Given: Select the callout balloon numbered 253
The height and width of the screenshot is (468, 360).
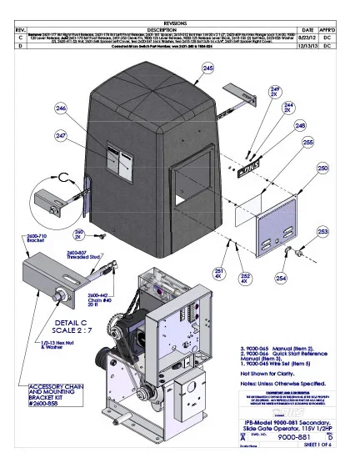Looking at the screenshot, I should tap(322, 231).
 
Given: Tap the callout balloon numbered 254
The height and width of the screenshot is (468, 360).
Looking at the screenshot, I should tap(281, 254).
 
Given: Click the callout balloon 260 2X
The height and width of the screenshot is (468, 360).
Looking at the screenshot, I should tap(79, 236).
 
